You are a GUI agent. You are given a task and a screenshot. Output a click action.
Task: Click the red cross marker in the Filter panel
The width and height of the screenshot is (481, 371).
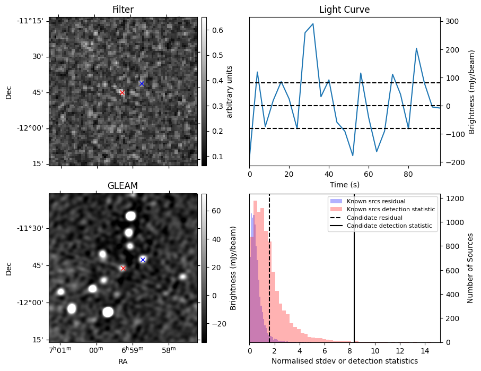[x=122, y=92]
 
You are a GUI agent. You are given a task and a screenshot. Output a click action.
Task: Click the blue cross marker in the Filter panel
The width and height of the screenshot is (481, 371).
[x=142, y=83]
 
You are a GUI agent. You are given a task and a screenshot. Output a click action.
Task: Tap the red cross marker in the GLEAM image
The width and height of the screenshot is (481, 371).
[x=123, y=268]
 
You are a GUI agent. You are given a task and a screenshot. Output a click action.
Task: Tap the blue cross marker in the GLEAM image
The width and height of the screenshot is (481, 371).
[x=143, y=260]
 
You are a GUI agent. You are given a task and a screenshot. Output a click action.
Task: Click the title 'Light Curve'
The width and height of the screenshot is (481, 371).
[x=344, y=10]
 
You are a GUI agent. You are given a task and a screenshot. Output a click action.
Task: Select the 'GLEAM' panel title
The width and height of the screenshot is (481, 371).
[x=123, y=186]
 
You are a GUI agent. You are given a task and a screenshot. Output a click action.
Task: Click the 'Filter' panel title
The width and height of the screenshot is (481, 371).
[x=123, y=10]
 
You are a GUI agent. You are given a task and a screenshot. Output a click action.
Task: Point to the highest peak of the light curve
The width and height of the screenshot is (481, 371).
[x=313, y=24]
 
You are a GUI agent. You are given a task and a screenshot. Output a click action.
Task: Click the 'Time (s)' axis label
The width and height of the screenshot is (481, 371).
[x=344, y=184]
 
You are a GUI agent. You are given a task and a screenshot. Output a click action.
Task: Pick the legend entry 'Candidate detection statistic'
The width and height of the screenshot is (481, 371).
[x=389, y=226]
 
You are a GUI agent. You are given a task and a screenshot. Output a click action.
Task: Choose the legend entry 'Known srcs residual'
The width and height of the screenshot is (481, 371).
[x=375, y=201]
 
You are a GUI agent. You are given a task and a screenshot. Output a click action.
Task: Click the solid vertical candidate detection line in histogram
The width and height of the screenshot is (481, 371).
[x=354, y=276]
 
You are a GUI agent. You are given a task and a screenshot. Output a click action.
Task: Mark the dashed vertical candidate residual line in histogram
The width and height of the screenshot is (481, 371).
[x=269, y=276]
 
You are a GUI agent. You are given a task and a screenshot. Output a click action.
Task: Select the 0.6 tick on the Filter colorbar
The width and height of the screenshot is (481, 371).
[x=216, y=30]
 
